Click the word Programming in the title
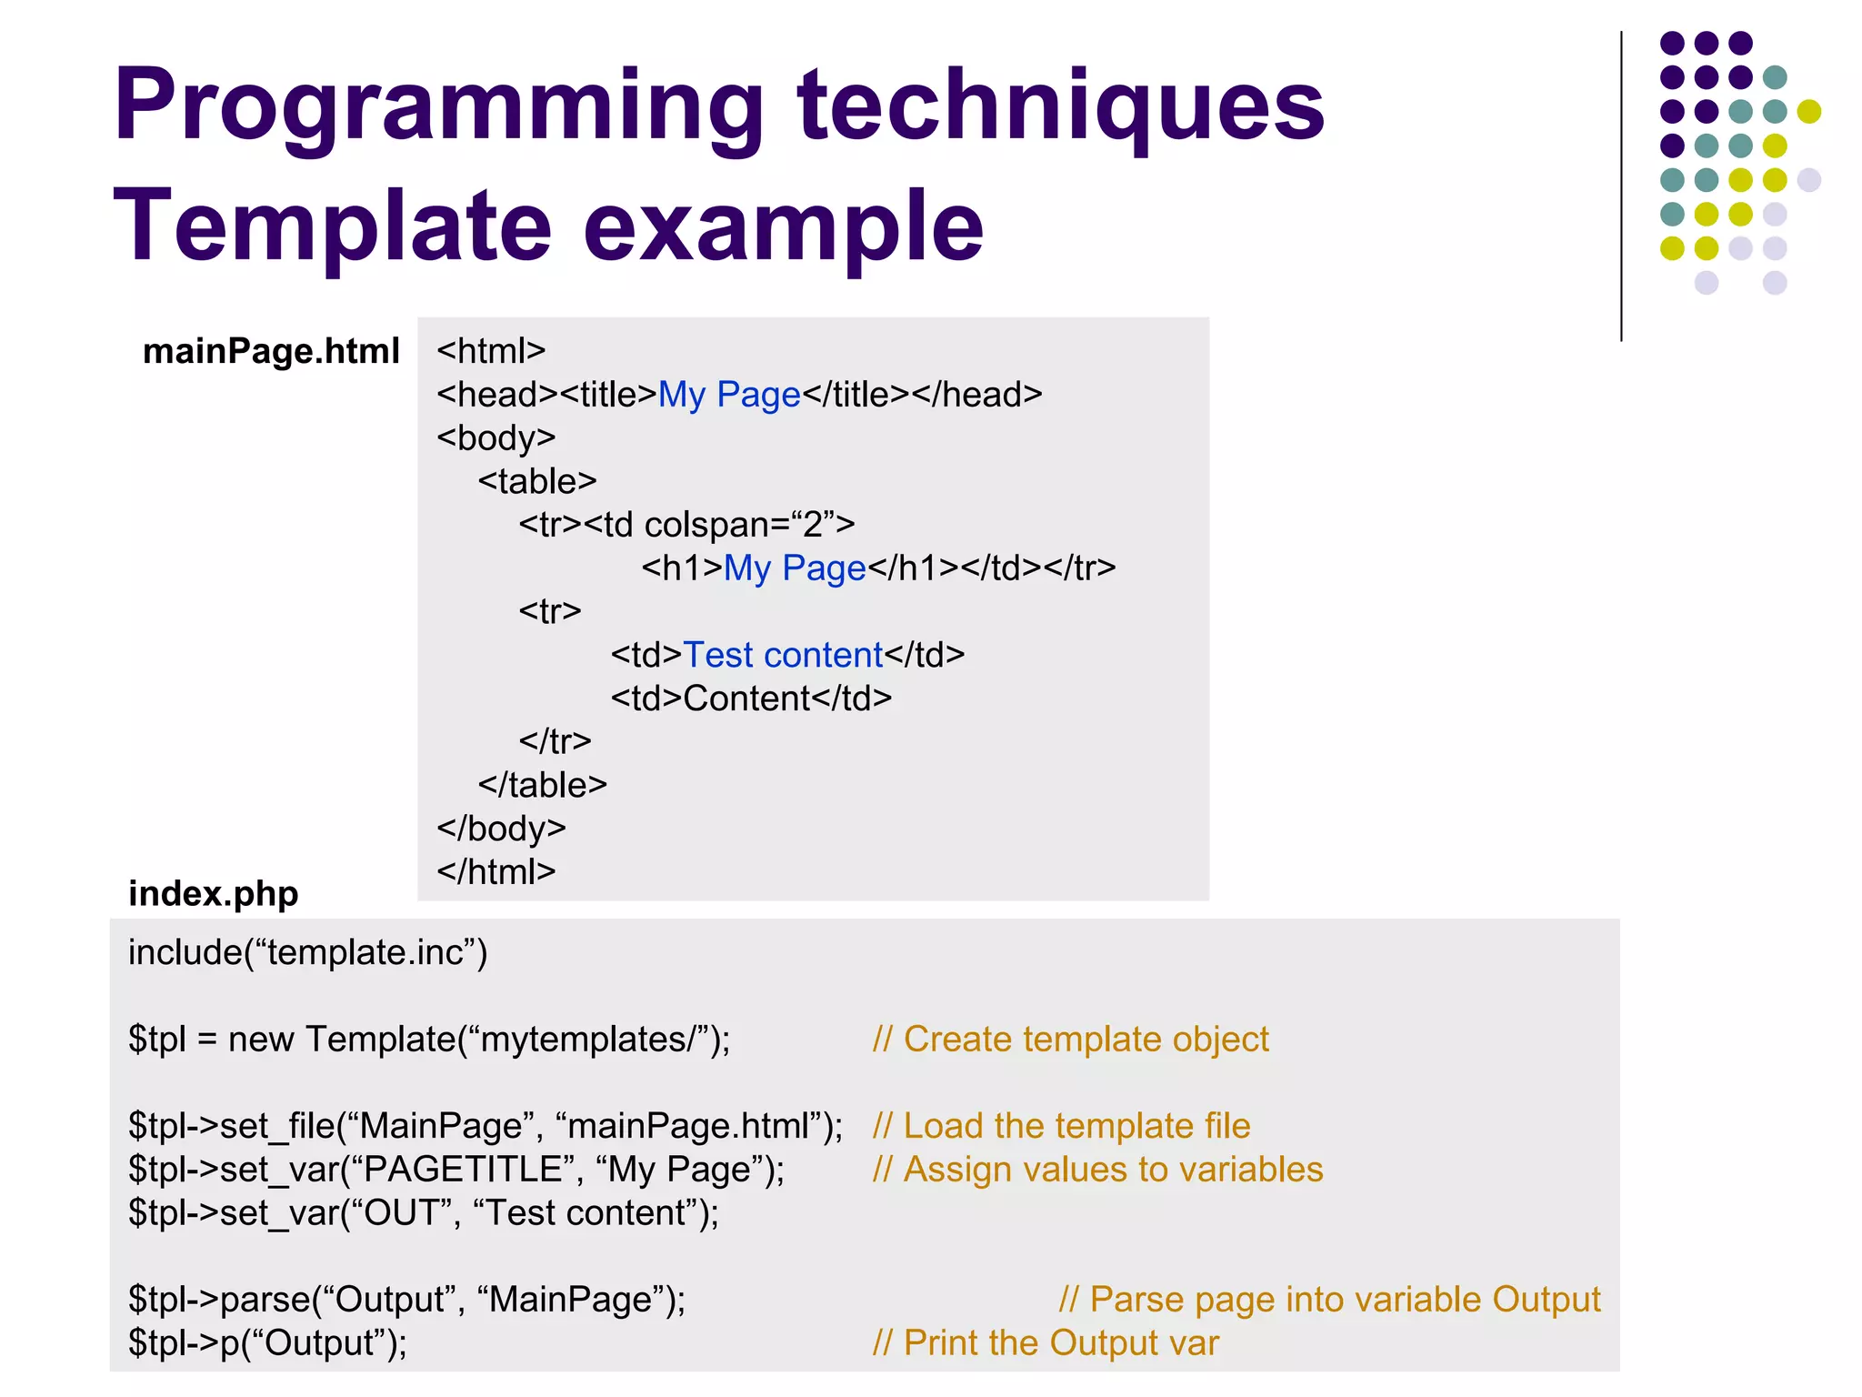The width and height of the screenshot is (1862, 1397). pyautogui.click(x=437, y=107)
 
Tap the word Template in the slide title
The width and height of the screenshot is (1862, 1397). pyautogui.click(x=332, y=226)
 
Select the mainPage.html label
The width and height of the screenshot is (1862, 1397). pyautogui.click(x=271, y=351)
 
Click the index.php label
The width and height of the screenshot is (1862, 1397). pyautogui.click(x=213, y=893)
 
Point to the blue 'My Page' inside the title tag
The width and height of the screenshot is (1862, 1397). pyautogui.click(x=728, y=395)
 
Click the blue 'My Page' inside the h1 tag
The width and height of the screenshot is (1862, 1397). pyautogui.click(x=795, y=568)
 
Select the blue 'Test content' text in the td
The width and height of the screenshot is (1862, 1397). pyautogui.click(x=782, y=655)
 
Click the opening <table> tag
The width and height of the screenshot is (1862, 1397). pyautogui.click(x=537, y=481)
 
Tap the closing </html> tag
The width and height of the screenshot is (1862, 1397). pyautogui.click(x=496, y=871)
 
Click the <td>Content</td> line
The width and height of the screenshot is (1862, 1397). pyautogui.click(x=751, y=698)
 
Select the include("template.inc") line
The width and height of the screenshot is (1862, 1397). pyautogui.click(x=307, y=952)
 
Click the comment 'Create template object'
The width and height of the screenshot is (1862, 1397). pyautogui.click(x=1070, y=1039)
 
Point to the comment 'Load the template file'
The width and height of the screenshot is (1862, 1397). pyautogui.click(x=1061, y=1126)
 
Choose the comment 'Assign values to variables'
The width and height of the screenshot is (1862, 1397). pyautogui.click(x=1097, y=1170)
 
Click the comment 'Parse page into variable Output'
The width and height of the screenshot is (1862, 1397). pyautogui.click(x=1329, y=1300)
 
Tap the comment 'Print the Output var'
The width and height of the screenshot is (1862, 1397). pyautogui.click(x=1046, y=1343)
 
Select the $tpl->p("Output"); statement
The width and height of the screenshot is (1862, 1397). pyautogui.click(x=267, y=1343)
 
